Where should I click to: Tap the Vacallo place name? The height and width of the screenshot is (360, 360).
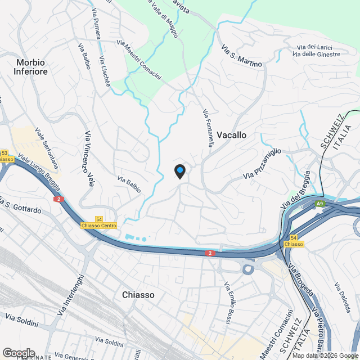point(231,136)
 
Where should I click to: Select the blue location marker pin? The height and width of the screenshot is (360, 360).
point(179,170)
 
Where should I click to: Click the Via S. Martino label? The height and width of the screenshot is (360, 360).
point(242,56)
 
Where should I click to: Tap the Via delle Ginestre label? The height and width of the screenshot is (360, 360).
point(317,54)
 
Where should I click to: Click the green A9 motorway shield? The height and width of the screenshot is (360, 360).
point(319,204)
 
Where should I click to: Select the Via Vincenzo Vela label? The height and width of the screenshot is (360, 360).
point(89,159)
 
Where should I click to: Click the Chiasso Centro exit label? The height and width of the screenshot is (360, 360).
point(99,226)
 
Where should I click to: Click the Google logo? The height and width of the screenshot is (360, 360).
point(19,352)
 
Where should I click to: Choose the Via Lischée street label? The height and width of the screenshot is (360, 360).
point(104,71)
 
